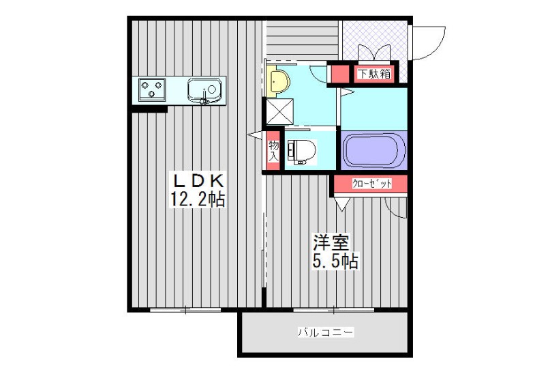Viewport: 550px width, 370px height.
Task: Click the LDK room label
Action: (198, 181)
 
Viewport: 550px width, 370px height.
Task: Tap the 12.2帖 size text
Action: (197, 199)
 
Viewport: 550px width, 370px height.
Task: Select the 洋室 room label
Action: (331, 242)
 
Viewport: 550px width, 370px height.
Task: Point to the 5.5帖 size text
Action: (335, 261)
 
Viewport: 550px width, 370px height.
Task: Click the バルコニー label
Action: (326, 332)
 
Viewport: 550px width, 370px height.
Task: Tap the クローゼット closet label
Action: (372, 184)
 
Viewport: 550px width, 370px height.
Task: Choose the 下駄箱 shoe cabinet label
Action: (374, 74)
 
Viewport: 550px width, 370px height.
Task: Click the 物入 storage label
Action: (273, 151)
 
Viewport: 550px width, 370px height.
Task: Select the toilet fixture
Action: (301, 152)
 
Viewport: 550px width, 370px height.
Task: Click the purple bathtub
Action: (374, 151)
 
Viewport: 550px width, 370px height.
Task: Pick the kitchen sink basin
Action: (204, 89)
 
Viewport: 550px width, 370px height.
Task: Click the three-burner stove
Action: (152, 89)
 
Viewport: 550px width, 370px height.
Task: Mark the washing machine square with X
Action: (279, 111)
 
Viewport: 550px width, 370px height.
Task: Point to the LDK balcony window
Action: (185, 310)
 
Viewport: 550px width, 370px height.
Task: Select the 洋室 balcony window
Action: (333, 310)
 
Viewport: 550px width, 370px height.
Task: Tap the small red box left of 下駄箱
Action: (340, 74)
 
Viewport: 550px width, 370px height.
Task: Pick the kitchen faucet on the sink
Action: (204, 98)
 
